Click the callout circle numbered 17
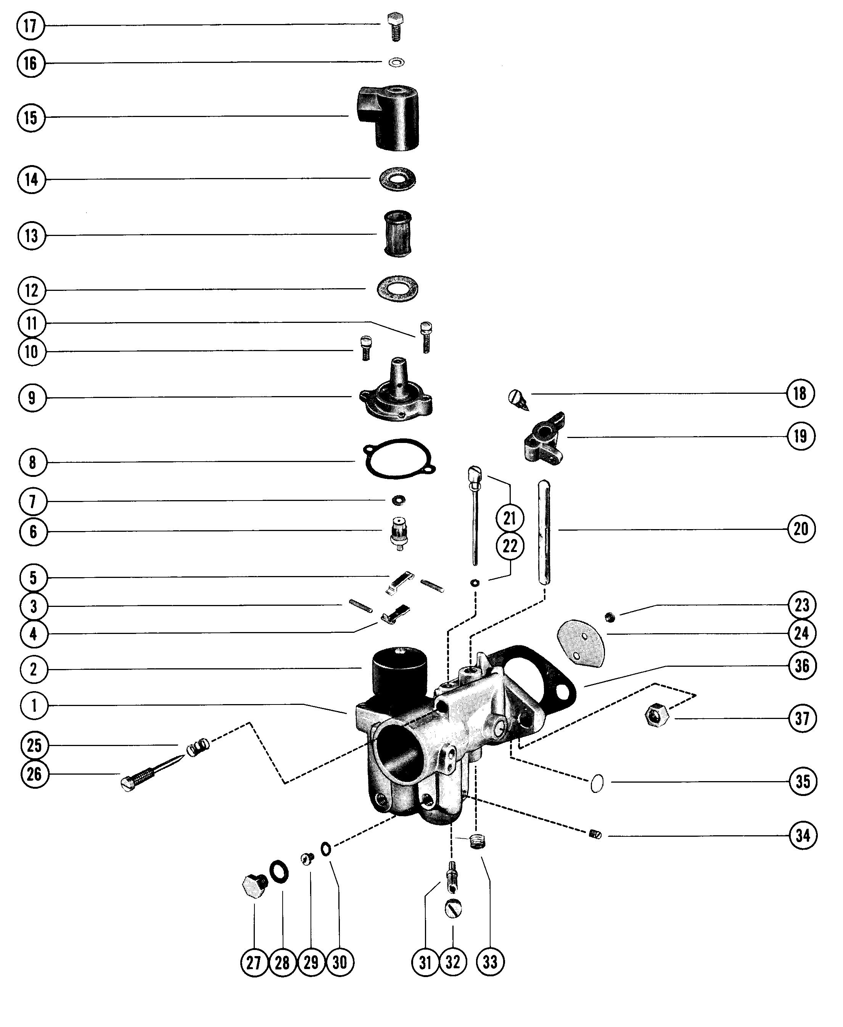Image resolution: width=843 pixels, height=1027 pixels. pos(31,25)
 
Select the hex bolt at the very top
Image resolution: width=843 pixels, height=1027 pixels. pos(396,26)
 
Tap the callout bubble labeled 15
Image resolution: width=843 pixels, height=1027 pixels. pos(31,117)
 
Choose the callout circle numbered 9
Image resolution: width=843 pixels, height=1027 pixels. pos(32,398)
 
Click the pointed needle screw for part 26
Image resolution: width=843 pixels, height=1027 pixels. pos(151,773)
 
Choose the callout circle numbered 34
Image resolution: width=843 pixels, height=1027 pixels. pos(803,836)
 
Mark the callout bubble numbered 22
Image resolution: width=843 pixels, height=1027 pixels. pos(509,547)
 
